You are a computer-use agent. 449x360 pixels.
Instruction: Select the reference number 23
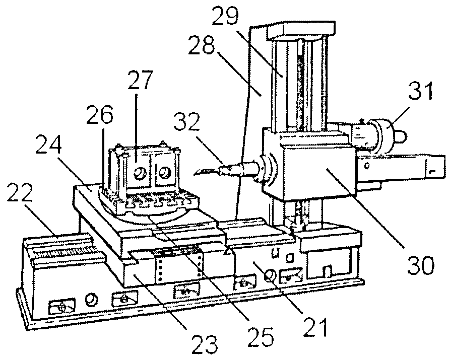click(205, 343)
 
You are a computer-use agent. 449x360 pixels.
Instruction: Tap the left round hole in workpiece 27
click(141, 173)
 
